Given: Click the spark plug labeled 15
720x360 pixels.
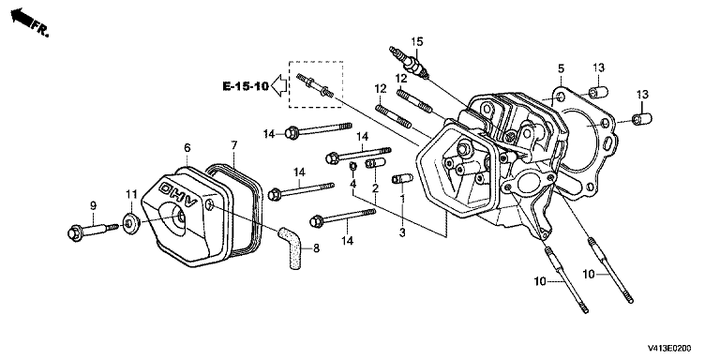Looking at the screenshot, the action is (409, 62).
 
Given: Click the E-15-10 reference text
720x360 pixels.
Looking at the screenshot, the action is (246, 86).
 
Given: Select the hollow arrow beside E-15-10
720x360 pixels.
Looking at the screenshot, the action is (279, 85).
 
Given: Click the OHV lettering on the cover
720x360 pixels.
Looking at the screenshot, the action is (178, 194).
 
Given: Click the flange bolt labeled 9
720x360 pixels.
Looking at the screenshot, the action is (93, 230).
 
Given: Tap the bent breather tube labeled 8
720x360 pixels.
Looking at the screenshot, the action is (291, 247).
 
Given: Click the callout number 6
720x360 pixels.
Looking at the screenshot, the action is (187, 148).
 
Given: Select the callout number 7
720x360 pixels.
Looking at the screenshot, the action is (234, 145).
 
